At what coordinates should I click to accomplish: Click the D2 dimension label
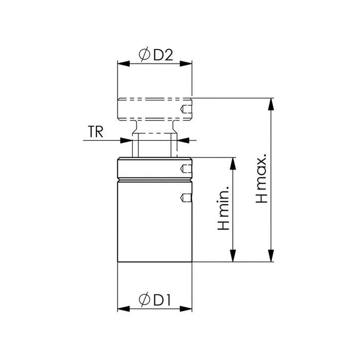coord(163,55)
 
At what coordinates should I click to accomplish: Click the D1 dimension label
coord(162,300)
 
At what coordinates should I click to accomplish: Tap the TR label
coord(95,132)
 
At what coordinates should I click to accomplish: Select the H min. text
coord(224,208)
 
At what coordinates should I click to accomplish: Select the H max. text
coord(262,178)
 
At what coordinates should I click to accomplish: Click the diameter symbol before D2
coord(144,55)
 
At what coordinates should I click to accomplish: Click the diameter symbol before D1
coord(144,300)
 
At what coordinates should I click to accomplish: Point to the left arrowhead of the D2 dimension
coord(123,63)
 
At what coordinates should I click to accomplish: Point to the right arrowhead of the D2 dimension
coord(185,63)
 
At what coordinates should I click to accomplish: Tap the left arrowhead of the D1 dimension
coord(123,309)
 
